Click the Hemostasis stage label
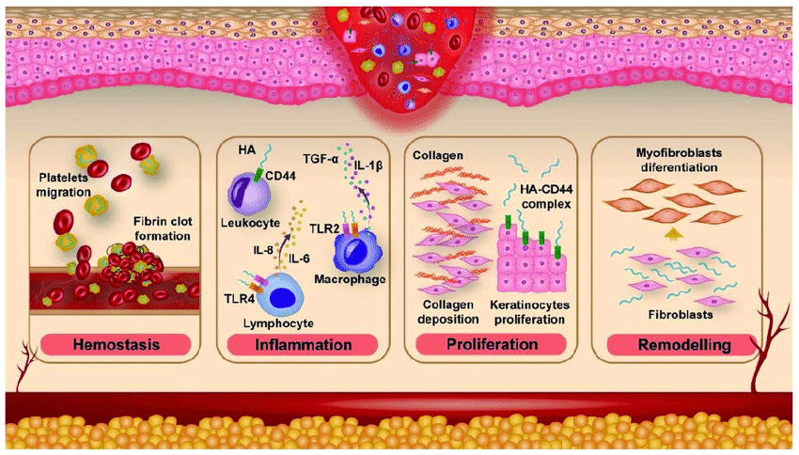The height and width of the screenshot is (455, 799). [x=117, y=344]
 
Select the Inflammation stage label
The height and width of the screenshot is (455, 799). [x=304, y=344]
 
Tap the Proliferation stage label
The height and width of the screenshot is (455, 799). [x=492, y=344]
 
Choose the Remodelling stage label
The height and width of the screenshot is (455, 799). [x=683, y=345]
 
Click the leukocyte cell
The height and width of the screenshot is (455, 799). [x=247, y=193]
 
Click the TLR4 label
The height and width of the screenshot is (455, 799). [x=239, y=298]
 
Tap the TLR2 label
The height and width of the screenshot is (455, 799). [x=324, y=228]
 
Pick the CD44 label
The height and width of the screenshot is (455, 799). [x=280, y=177]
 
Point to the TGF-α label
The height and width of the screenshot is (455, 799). [x=321, y=160]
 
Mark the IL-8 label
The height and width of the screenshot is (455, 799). [x=263, y=250]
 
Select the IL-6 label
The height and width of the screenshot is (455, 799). [x=299, y=259]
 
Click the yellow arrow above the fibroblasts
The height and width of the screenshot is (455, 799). [x=674, y=234]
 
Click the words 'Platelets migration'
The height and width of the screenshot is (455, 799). [x=63, y=185]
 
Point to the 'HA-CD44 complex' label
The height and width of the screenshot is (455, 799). [x=546, y=196]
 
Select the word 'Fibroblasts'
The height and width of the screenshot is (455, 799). [x=681, y=315]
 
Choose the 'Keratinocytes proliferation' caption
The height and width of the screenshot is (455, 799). [x=530, y=312]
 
